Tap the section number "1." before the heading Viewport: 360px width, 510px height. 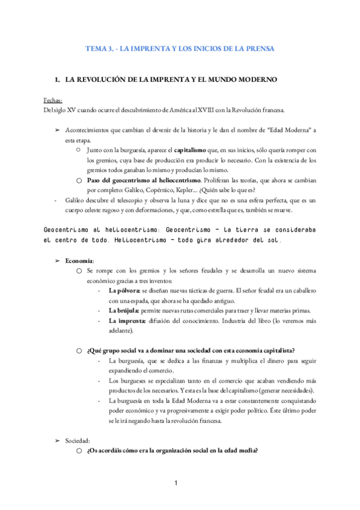coord(57,79)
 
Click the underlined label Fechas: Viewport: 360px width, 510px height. coord(53,100)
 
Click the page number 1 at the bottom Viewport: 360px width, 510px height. coord(176,483)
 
